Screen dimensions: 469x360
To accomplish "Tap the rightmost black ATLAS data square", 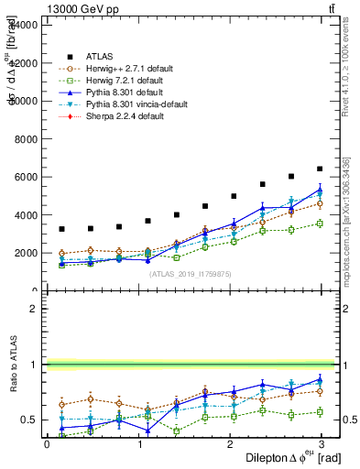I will tap(320, 169).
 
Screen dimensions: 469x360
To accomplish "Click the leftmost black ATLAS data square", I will tap(61, 229).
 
